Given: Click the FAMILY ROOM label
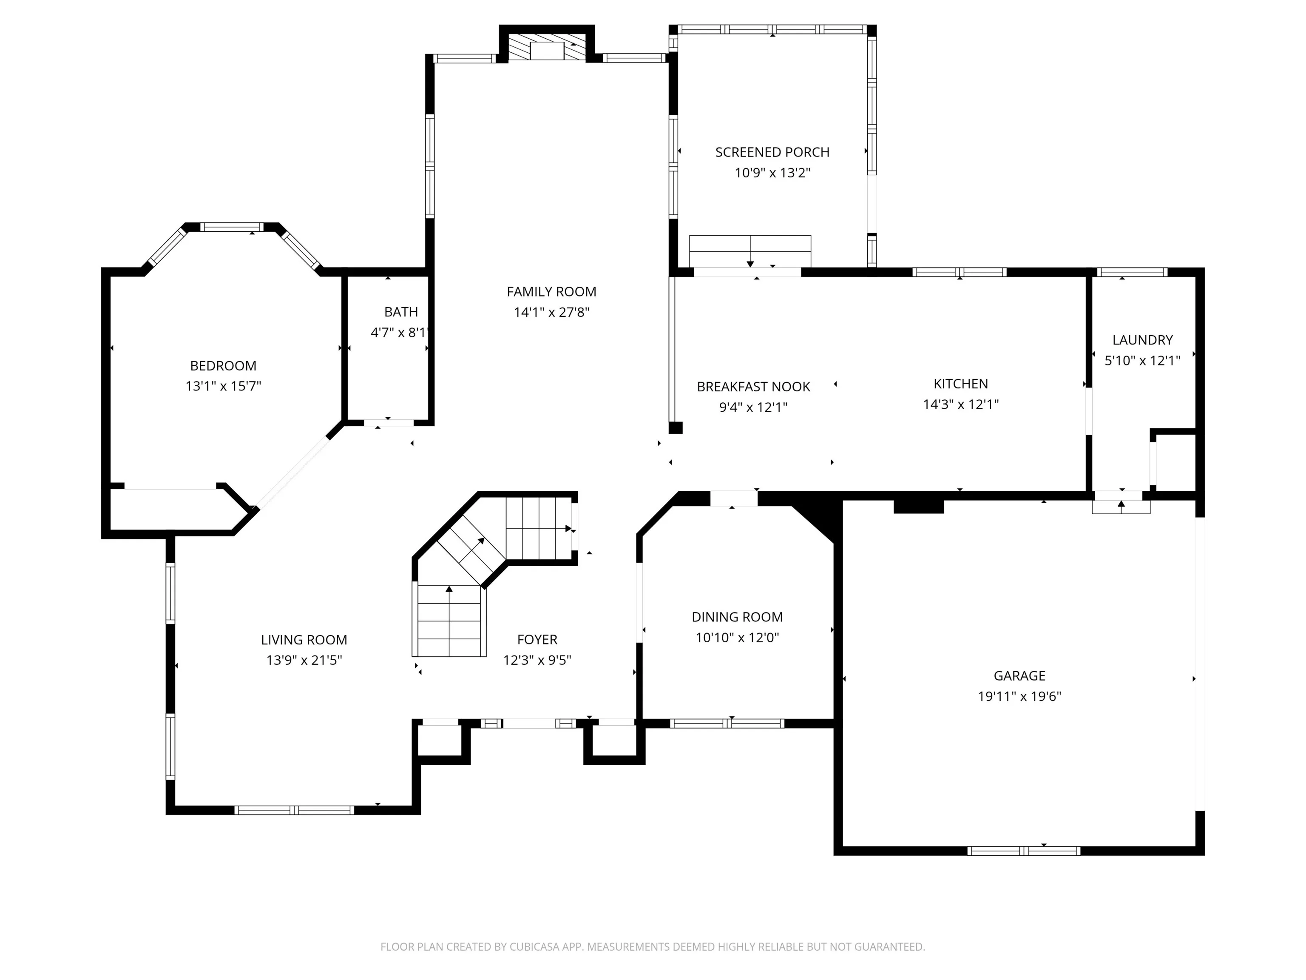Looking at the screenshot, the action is click(x=551, y=292).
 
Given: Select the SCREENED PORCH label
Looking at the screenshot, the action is click(x=772, y=152).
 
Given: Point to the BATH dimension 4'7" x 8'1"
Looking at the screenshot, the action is click(x=400, y=333).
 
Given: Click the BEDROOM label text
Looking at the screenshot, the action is click(x=223, y=366).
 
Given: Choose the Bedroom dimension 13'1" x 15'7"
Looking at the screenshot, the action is click(x=223, y=386).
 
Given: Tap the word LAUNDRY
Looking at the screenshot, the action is click(x=1142, y=340).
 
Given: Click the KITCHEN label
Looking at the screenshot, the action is click(x=961, y=384).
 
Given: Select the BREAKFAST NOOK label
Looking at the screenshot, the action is click(x=753, y=387).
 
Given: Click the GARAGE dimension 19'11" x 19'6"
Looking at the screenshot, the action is click(x=1019, y=696).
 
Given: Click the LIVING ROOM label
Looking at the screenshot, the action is click(x=304, y=640).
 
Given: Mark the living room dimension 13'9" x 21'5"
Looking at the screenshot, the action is click(x=304, y=661).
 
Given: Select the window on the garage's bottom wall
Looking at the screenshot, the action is click(x=1024, y=851).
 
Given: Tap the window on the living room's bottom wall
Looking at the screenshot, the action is click(x=294, y=810).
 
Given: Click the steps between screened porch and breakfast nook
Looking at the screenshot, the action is click(x=750, y=252).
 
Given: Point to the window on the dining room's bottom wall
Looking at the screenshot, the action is click(x=727, y=724).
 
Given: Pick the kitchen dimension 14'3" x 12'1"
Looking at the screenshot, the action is click(x=961, y=405).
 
